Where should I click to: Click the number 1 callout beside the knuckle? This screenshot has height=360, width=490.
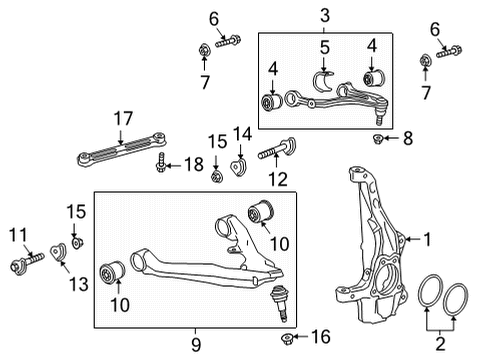(x=426, y=240)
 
